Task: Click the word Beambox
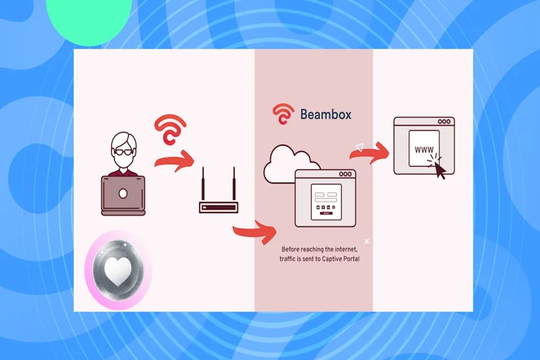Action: [325, 113]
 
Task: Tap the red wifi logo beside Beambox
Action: [283, 114]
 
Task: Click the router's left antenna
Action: [203, 186]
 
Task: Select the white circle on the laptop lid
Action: [123, 193]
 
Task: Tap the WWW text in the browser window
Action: [421, 148]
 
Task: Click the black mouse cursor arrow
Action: [440, 171]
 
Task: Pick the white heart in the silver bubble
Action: [118, 272]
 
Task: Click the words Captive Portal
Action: [344, 259]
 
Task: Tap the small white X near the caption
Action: [367, 241]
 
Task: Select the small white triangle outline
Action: [359, 146]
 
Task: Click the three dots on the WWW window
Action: [443, 121]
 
